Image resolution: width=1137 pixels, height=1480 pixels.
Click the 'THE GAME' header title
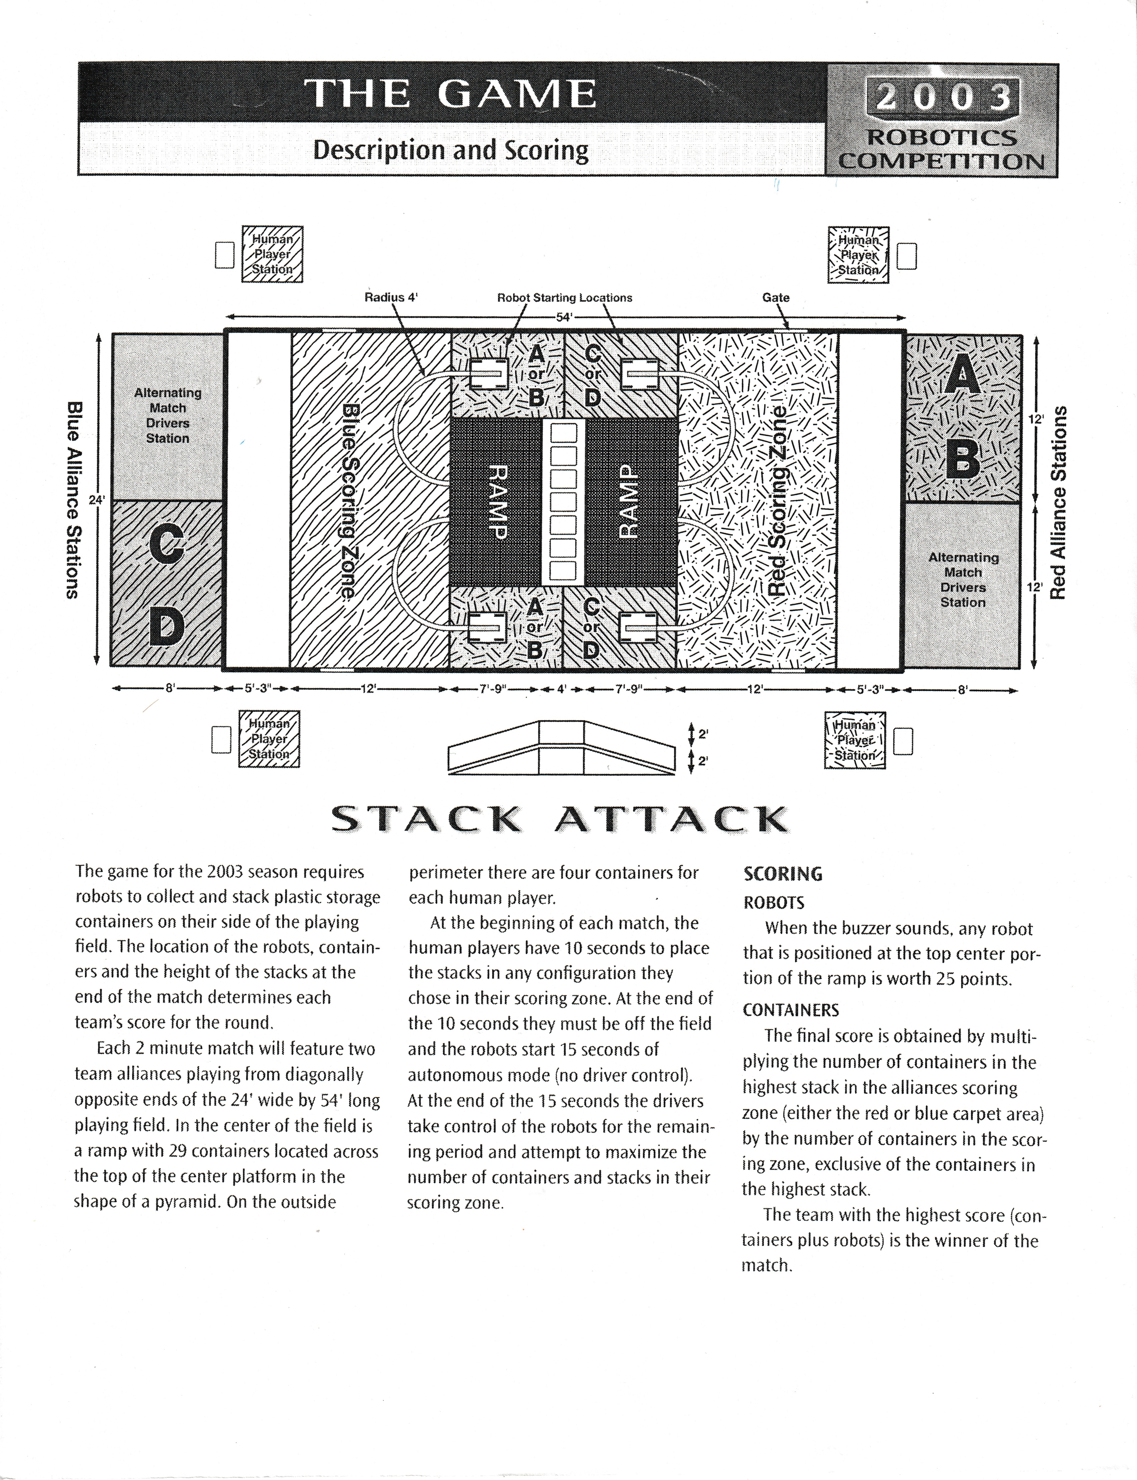tap(450, 93)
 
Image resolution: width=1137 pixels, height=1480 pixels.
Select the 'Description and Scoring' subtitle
tap(450, 149)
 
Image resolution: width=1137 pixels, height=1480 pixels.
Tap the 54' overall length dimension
tap(564, 317)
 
